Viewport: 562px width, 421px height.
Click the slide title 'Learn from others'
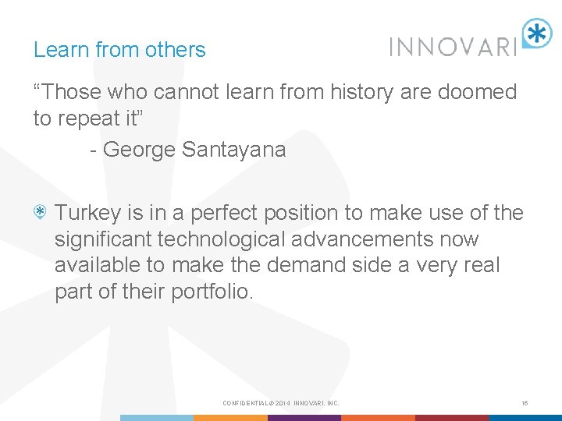(x=119, y=50)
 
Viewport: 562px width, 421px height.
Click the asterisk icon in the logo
(x=536, y=34)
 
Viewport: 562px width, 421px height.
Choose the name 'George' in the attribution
(x=138, y=149)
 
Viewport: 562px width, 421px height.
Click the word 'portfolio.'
(x=211, y=292)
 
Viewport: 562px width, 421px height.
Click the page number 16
(x=525, y=403)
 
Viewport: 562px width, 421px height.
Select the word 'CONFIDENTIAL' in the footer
(x=244, y=403)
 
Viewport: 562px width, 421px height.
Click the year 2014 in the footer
(x=282, y=403)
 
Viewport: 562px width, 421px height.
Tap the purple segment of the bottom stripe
(x=304, y=418)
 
